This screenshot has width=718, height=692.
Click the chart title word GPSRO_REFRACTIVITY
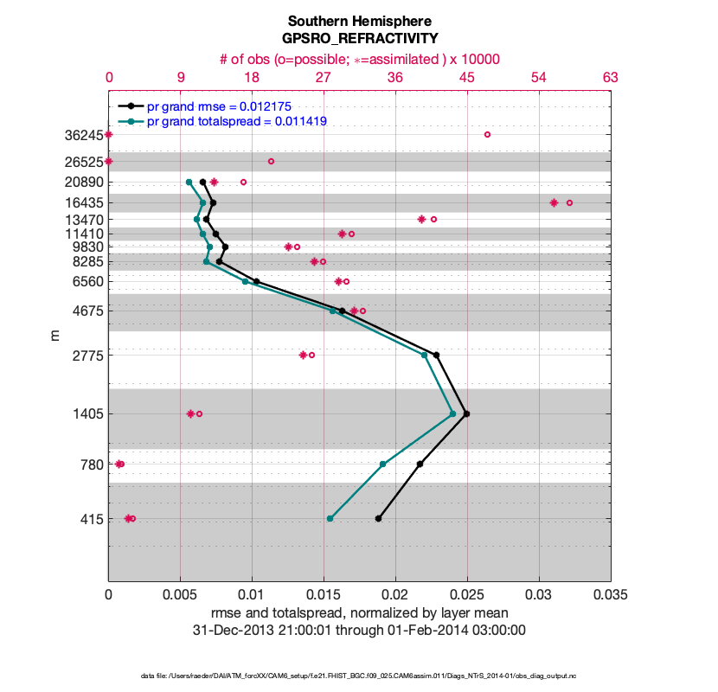click(359, 39)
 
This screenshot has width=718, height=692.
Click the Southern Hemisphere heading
click(359, 21)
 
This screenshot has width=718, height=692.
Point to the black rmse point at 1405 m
click(466, 413)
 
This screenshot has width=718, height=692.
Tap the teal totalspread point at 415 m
click(330, 518)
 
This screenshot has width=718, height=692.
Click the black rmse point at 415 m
click(378, 518)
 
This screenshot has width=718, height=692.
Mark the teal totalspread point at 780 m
click(382, 464)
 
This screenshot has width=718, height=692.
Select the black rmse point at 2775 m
click(436, 355)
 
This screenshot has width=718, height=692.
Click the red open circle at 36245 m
click(487, 134)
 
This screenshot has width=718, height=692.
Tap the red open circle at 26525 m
click(271, 161)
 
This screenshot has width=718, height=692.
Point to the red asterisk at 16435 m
click(554, 202)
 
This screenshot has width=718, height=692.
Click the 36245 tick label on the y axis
click(82, 135)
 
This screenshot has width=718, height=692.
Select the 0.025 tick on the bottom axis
click(467, 595)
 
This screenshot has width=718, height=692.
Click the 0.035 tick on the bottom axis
click(611, 595)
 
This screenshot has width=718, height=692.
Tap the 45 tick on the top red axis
click(467, 78)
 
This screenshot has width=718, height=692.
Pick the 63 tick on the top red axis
click(611, 78)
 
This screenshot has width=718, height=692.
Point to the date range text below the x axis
click(359, 631)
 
